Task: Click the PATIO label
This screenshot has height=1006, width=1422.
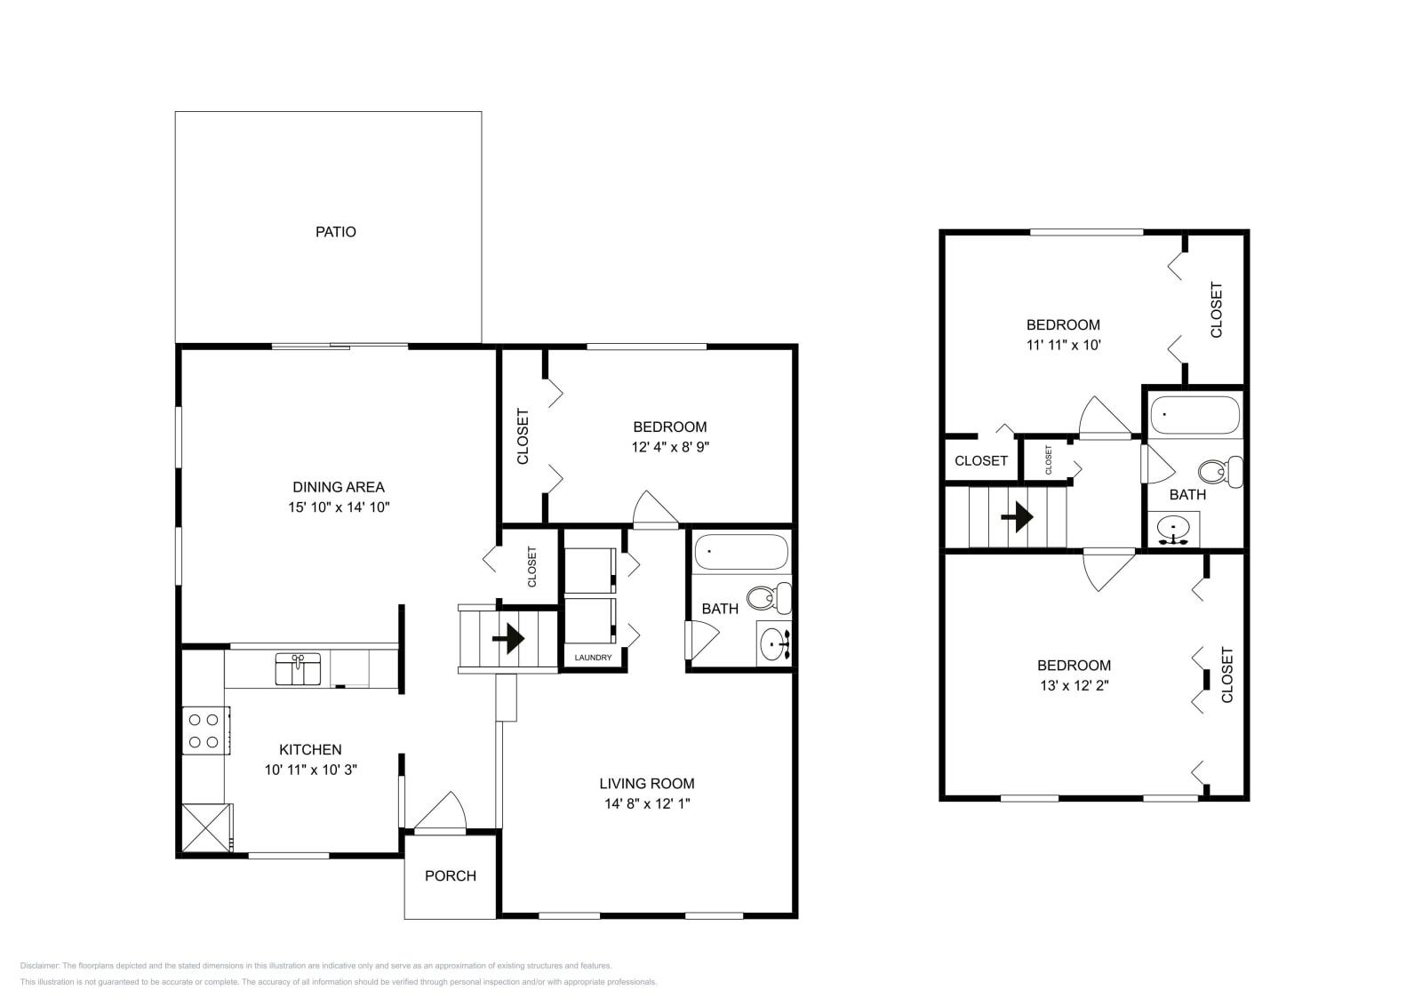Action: coord(335,232)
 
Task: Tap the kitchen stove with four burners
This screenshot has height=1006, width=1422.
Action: coord(204,731)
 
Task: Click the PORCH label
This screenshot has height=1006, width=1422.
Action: coord(450,876)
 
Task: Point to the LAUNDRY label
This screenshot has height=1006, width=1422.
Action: coord(593,658)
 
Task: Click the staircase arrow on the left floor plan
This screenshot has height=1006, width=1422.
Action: coord(508,638)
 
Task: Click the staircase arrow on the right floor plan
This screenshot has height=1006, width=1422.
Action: coord(1018,516)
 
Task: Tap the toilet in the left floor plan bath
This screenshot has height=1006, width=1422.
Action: coord(770,598)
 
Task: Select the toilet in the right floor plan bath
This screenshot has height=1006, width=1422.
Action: coord(1220,471)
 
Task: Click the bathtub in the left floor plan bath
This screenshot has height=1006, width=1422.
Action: coord(740,552)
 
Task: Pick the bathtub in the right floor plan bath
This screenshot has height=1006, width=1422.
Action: coord(1194,415)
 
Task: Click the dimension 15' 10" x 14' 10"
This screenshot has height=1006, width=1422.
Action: coord(339,507)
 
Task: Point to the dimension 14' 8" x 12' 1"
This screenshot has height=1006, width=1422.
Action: coord(646,804)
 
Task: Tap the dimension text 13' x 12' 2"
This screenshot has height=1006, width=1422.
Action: coord(1074,685)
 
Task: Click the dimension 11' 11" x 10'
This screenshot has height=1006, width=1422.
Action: coord(1063,345)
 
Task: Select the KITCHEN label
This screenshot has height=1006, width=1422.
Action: coord(310,749)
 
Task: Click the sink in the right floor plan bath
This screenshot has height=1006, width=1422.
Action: coord(1173,531)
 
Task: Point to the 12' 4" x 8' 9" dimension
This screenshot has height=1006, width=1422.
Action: coord(669,447)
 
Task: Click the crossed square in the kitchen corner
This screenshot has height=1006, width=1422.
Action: coord(206,828)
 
